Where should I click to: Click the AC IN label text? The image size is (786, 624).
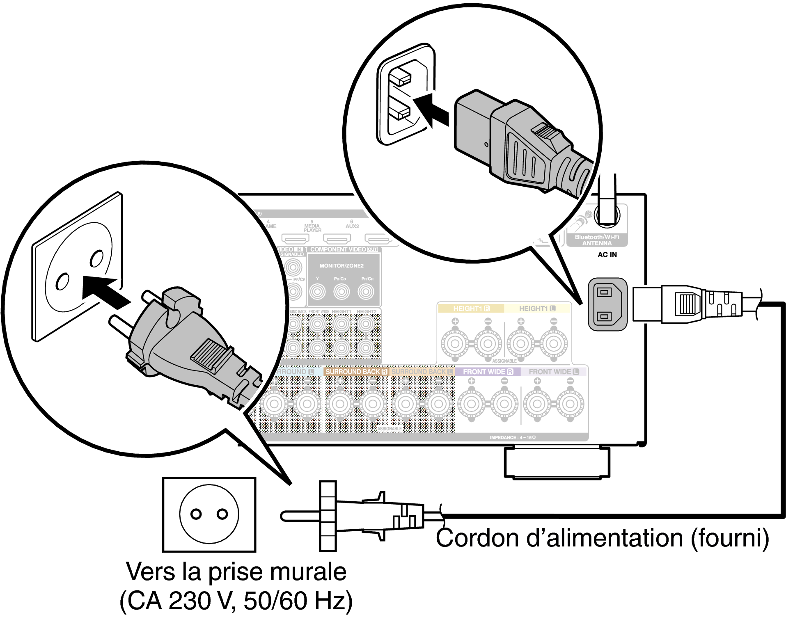[x=607, y=255]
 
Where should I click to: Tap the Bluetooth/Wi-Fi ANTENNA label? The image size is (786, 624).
[x=597, y=240]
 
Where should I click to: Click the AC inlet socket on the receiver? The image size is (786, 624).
[x=607, y=304]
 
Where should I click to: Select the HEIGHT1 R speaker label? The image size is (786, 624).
[x=471, y=309]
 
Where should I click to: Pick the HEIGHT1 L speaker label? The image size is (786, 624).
[x=537, y=309]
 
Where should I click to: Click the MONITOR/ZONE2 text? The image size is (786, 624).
[x=341, y=266]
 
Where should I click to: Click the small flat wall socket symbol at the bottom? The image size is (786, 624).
[x=209, y=514]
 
